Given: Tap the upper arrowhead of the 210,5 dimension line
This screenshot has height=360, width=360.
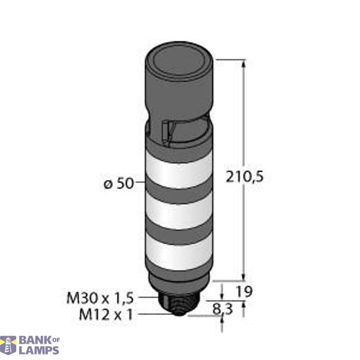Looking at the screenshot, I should pos(244,64).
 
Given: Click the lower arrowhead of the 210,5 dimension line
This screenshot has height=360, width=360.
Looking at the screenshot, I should pos(244,276).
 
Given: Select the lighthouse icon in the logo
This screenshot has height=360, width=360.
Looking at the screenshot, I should pos(8,345).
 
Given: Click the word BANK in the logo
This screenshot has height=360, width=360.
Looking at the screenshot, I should pos(35,340).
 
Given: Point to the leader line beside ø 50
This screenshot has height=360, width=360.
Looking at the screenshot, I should pos(140,184).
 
